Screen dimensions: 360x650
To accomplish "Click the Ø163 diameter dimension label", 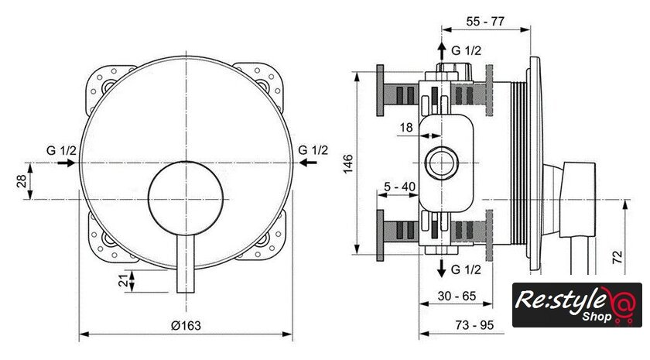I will [x=186, y=326].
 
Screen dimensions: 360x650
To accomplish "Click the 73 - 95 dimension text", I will [x=474, y=325].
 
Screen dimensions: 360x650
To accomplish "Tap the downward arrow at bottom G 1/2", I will [x=441, y=269].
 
